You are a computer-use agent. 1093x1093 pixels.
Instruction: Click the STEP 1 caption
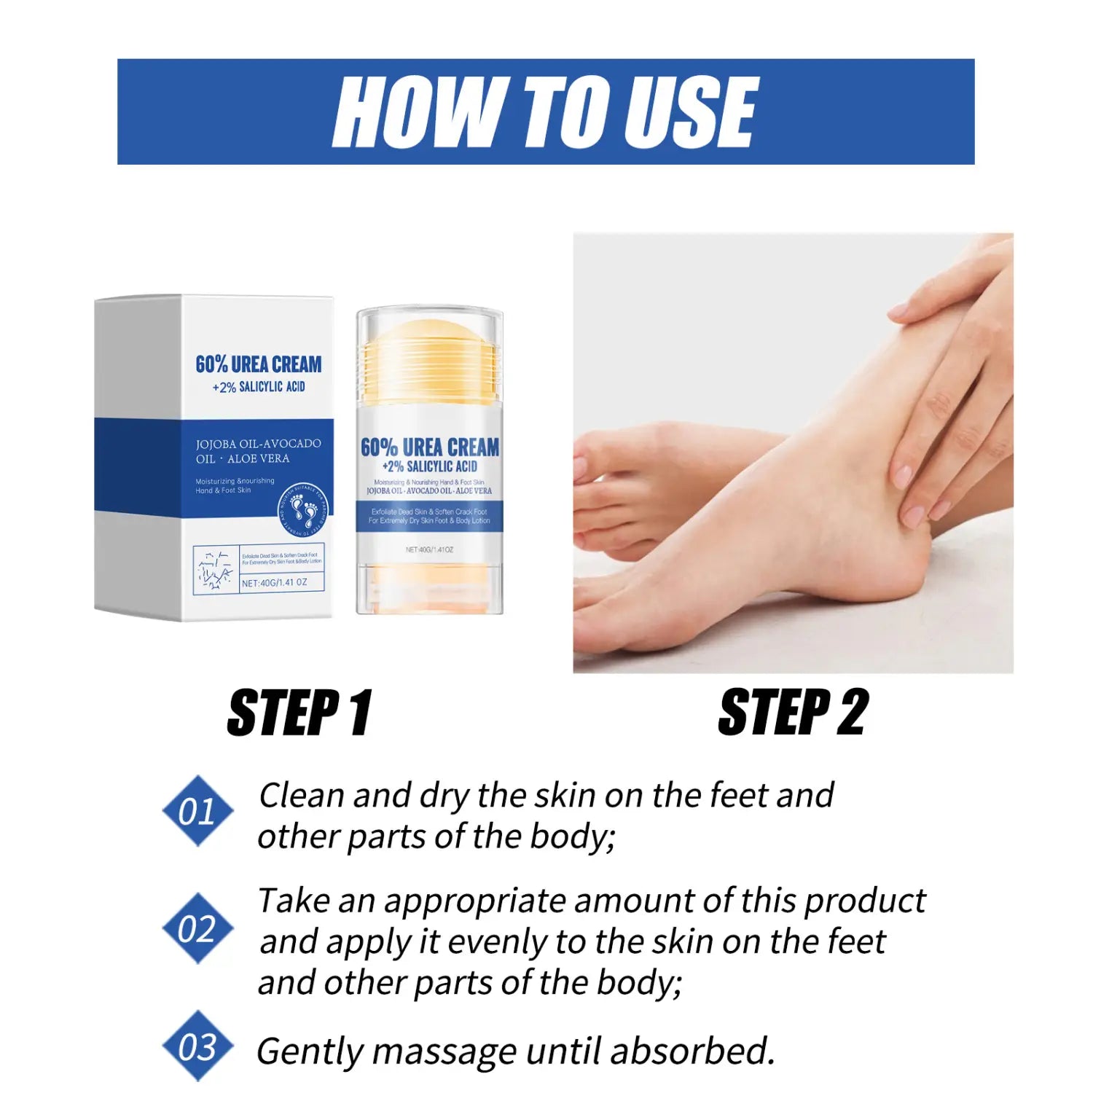[299, 712]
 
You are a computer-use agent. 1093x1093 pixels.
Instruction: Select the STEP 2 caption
[793, 712]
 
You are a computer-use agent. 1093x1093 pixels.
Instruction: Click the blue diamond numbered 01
[197, 811]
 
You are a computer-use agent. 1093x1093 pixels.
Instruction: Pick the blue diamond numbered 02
[197, 929]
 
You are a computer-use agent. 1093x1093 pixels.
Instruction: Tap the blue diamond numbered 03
[197, 1046]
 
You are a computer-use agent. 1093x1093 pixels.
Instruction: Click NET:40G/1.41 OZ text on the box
[275, 583]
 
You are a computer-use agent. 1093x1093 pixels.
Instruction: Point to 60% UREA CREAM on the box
[258, 364]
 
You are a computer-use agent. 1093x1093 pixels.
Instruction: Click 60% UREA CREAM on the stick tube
[430, 447]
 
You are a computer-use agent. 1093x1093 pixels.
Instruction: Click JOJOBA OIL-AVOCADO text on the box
[258, 443]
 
